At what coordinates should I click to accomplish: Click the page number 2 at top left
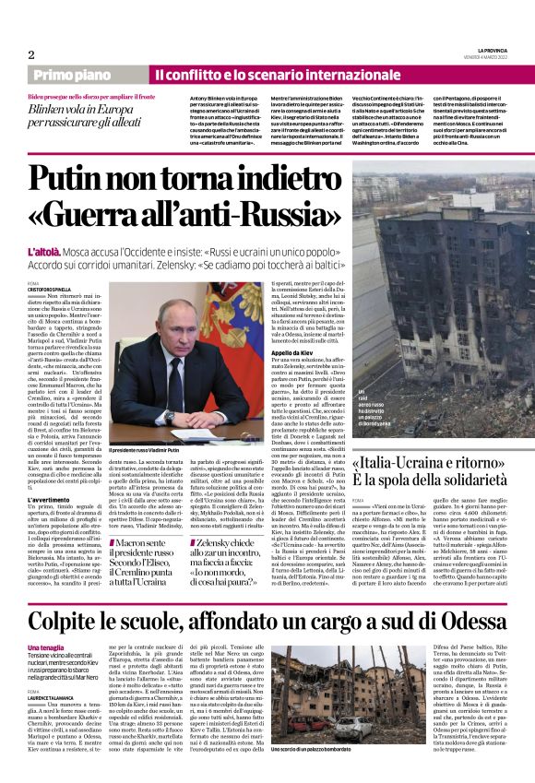(x=30, y=54)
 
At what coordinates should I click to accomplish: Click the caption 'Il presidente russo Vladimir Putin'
(x=185, y=474)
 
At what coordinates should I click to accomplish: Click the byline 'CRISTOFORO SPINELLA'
(x=55, y=289)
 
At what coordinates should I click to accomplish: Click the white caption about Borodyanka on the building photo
(x=372, y=431)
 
